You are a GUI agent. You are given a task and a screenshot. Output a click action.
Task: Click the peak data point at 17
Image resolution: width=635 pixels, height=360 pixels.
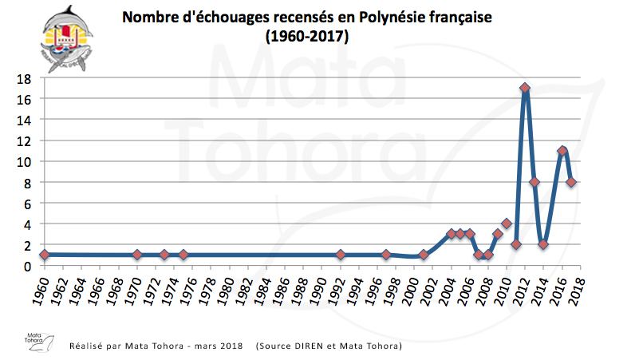pos(525,89)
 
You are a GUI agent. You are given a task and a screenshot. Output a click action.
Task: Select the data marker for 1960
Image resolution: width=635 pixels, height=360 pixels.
pos(45,255)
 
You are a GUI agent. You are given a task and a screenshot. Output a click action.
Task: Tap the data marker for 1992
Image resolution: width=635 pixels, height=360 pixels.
pos(341,255)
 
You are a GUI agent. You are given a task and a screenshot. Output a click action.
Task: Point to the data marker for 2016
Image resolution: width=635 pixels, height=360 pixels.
pos(562,151)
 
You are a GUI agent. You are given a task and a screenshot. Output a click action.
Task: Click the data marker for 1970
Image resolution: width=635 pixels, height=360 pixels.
pos(137,255)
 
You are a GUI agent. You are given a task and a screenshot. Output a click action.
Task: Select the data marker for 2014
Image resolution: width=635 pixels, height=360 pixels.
pos(543,244)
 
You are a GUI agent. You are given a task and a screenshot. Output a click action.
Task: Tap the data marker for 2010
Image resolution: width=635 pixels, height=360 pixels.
pos(507,224)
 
